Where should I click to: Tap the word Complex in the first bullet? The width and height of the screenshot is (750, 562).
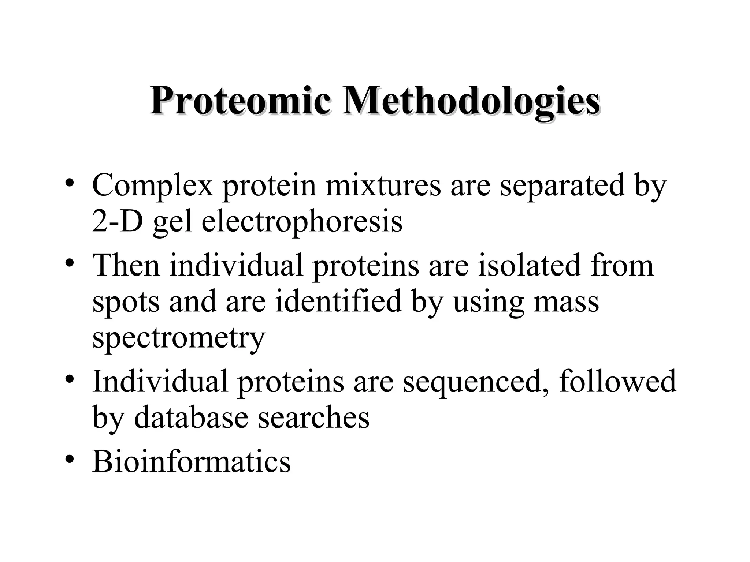click(x=152, y=186)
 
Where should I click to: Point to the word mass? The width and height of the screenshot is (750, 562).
click(x=566, y=302)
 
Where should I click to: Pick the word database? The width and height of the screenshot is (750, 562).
click(x=191, y=417)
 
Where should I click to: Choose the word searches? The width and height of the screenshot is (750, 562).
click(x=313, y=417)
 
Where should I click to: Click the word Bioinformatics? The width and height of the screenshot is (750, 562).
click(x=192, y=461)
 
